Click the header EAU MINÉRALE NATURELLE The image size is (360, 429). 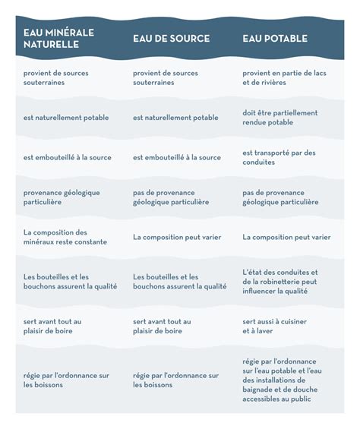tap(58, 39)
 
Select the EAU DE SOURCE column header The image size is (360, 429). tap(171, 39)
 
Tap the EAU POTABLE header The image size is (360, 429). tap(276, 39)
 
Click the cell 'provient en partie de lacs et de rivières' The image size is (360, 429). tap(285, 78)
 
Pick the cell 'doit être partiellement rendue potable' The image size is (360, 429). tap(280, 117)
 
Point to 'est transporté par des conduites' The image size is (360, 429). tap(279, 157)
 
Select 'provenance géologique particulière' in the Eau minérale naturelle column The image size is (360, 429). tap(62, 197)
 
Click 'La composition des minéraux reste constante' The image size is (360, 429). tap(65, 237)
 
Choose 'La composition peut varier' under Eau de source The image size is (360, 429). tap(177, 237)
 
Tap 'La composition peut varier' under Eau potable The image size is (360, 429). tap(286, 237)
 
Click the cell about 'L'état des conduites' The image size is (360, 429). tap(280, 281)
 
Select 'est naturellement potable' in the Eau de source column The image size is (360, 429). tap(175, 118)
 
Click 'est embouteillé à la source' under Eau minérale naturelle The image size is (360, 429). tap(68, 158)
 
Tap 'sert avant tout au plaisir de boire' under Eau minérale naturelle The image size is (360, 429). tap(52, 326)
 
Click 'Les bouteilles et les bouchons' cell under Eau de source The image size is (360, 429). tap(179, 282)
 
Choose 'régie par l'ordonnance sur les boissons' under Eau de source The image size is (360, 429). tap(175, 380)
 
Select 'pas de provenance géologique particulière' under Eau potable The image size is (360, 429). tap(280, 197)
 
